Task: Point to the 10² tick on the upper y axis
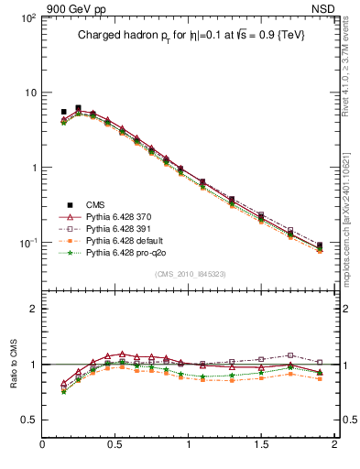(27, 17)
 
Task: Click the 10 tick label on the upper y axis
(30, 93)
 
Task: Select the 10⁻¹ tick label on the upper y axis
(27, 243)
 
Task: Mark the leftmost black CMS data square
(63, 112)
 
